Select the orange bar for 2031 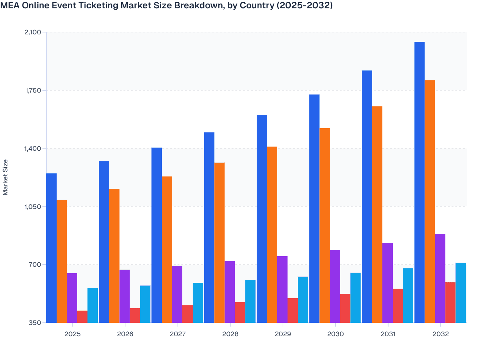coord(377,214)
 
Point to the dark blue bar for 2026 coord(104,242)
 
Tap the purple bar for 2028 coord(230,292)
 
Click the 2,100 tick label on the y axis coord(32,32)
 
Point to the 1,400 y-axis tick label coord(32,148)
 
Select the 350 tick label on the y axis coord(35,323)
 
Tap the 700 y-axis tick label coord(35,265)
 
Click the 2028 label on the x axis coord(230,334)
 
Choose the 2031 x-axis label coord(388,334)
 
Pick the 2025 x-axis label coord(72,334)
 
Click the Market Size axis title coord(5,177)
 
